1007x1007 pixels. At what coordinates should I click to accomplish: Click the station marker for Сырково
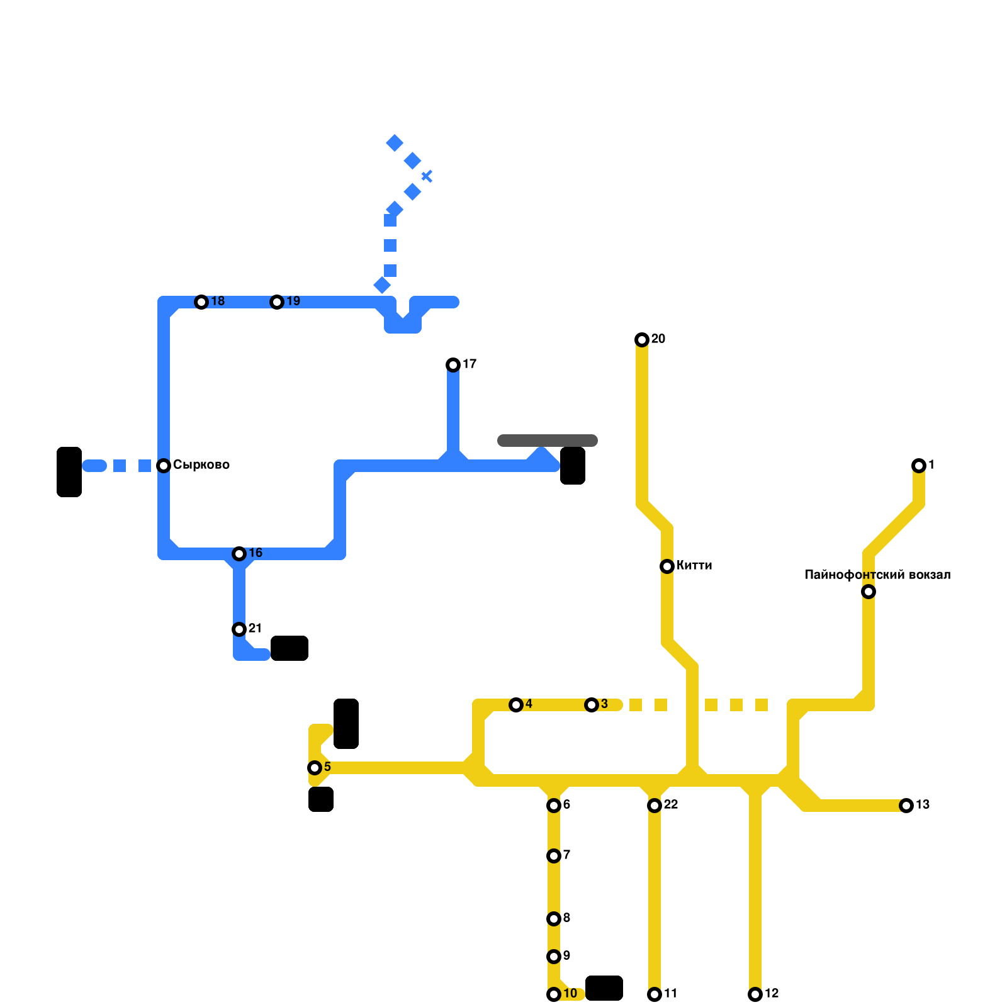point(164,466)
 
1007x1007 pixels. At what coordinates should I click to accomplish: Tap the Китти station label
point(694,566)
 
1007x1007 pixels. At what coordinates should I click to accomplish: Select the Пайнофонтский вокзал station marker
point(869,592)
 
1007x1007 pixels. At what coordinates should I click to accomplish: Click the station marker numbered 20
point(642,340)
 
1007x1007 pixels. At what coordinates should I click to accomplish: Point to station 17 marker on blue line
point(453,365)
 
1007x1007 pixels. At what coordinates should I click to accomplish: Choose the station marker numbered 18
point(201,302)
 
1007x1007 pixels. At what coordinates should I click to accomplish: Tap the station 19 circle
point(277,302)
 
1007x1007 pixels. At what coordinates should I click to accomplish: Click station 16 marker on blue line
point(239,554)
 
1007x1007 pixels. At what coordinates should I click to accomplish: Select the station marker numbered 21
point(239,629)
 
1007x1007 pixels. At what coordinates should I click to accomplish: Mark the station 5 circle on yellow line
point(315,768)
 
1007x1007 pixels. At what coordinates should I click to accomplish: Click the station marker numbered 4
point(516,705)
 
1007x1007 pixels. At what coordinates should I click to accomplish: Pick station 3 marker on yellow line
point(592,705)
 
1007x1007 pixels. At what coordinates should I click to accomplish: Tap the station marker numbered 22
point(655,806)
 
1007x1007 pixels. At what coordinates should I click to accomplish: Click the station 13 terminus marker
point(906,806)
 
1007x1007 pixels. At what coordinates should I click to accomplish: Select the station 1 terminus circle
point(919,466)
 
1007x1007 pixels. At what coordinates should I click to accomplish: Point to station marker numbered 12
point(755,994)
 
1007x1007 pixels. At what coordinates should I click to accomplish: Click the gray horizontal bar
point(548,441)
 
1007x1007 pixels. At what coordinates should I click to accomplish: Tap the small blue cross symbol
point(427,176)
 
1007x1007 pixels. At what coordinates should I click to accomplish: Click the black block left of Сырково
point(69,472)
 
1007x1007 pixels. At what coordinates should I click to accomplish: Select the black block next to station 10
point(604,988)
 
